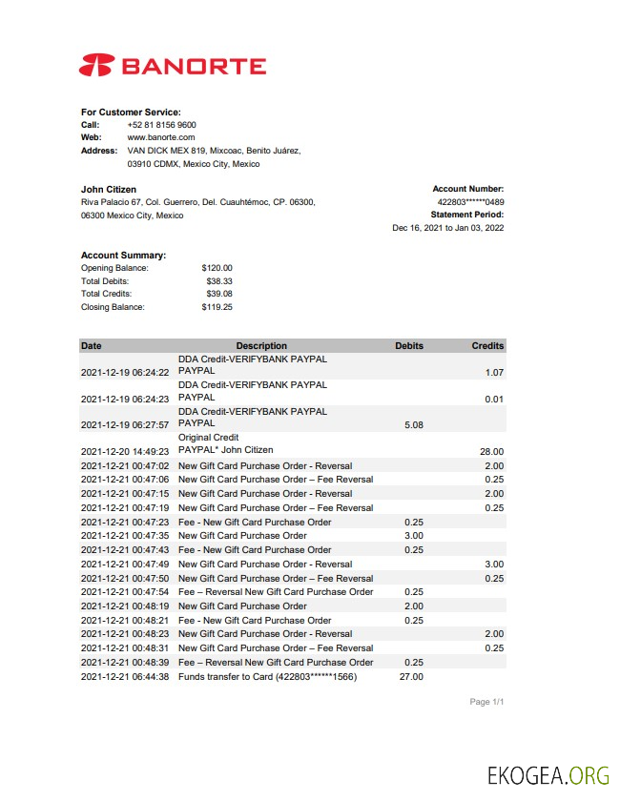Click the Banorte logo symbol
(x=97, y=66)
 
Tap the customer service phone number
(x=161, y=125)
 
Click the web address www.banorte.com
(x=160, y=138)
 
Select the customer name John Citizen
(x=109, y=190)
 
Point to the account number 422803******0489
(x=470, y=202)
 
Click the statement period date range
(x=448, y=228)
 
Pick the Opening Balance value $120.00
(x=217, y=269)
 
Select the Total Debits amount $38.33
(x=218, y=281)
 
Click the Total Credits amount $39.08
(x=218, y=295)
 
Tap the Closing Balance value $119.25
(x=217, y=307)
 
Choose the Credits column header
(x=487, y=346)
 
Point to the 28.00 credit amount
(x=490, y=451)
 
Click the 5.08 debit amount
(x=414, y=425)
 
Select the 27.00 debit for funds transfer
(x=412, y=677)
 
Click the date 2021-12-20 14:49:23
(x=125, y=451)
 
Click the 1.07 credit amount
(x=493, y=373)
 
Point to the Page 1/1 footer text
(x=486, y=703)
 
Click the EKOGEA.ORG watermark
(x=548, y=774)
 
